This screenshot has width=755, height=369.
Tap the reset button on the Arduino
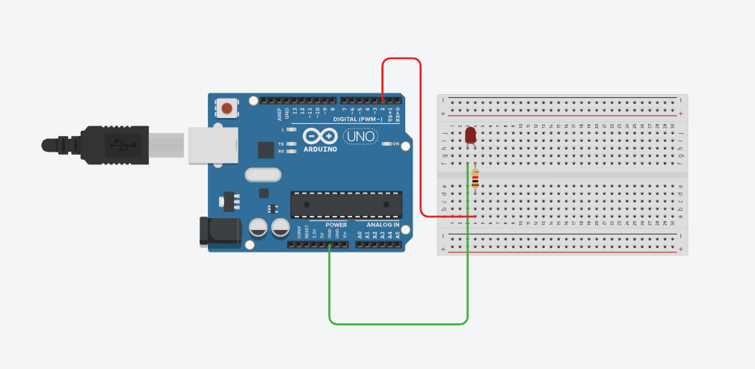click(x=226, y=109)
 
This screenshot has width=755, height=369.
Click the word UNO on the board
click(x=360, y=137)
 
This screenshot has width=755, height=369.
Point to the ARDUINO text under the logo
click(x=321, y=149)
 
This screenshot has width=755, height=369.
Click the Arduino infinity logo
click(x=321, y=137)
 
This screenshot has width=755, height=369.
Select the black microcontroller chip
click(x=346, y=202)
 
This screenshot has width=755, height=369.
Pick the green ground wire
click(x=396, y=323)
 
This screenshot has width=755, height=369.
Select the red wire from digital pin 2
click(x=419, y=134)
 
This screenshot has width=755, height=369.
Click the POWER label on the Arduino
click(x=336, y=224)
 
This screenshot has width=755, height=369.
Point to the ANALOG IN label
click(x=383, y=224)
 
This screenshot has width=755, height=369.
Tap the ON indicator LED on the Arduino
click(x=386, y=143)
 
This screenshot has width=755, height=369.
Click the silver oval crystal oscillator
click(x=261, y=175)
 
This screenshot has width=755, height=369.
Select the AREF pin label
click(x=280, y=114)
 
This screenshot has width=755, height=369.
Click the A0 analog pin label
click(x=360, y=234)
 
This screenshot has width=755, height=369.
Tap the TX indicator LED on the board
click(x=291, y=143)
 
